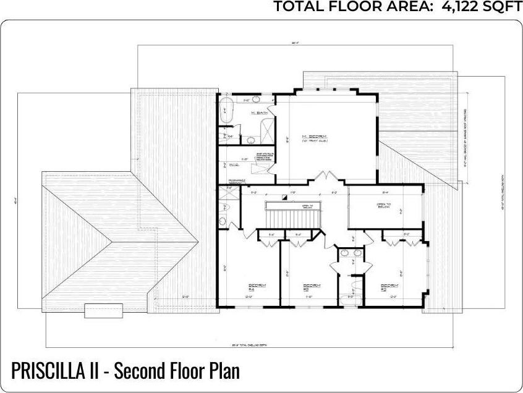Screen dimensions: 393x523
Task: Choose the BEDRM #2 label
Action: tap(389, 287)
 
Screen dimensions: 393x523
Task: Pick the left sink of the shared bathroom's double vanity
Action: tap(345, 253)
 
